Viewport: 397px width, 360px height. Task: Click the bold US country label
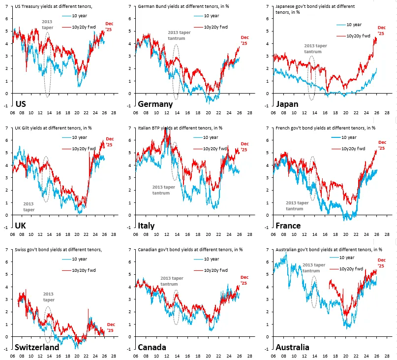[x=21, y=104]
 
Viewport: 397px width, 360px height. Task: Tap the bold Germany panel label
[x=155, y=104]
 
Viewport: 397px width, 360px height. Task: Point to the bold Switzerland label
[x=37, y=347]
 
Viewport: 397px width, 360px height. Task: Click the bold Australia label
[x=292, y=347]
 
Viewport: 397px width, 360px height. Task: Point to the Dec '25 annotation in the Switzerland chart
[x=111, y=327]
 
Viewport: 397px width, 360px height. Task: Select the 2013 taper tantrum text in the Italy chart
[x=164, y=190]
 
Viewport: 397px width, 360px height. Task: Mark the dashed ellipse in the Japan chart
[x=311, y=77]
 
